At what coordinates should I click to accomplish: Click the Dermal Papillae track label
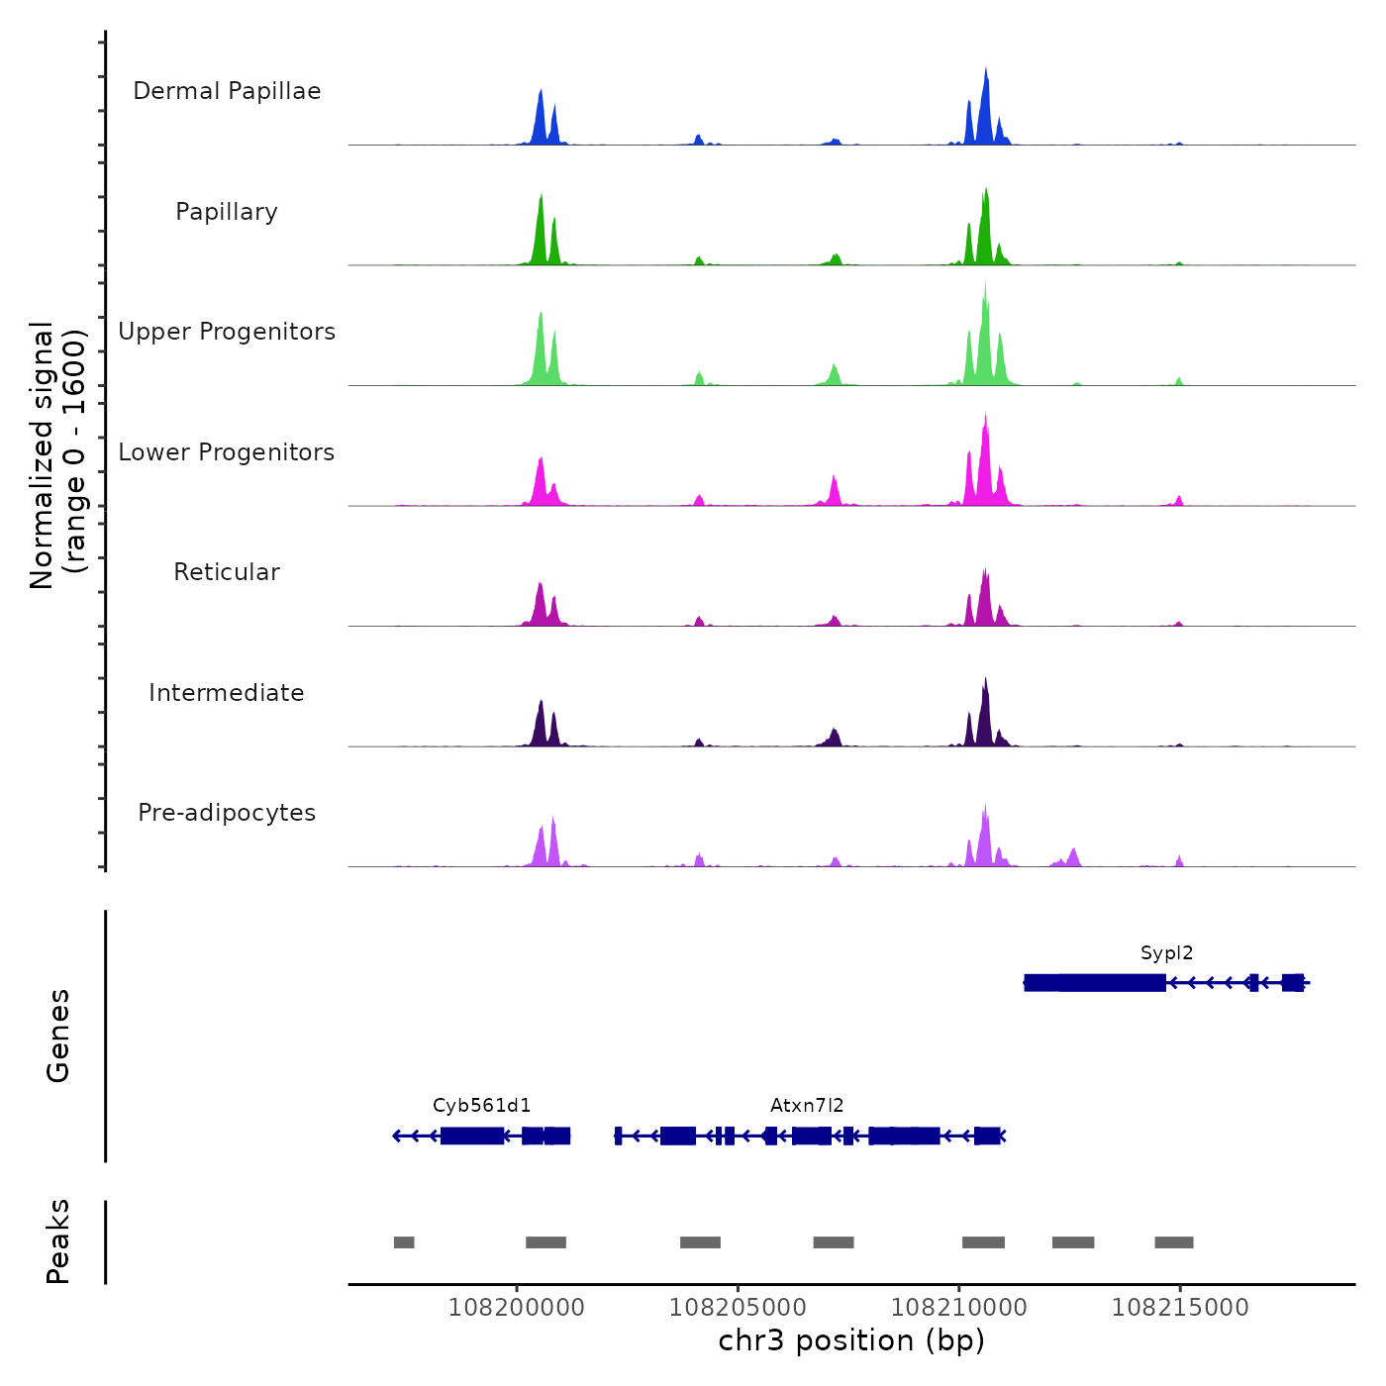227,91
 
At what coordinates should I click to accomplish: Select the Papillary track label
227,212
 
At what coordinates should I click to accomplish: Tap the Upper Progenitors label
227,332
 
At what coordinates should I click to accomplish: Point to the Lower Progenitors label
227,452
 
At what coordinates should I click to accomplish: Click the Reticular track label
227,572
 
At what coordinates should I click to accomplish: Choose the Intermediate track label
227,693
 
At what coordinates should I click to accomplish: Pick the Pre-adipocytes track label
227,813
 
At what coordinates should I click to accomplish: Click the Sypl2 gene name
1166,953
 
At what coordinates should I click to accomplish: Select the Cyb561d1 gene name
482,1106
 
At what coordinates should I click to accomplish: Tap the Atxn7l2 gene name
807,1106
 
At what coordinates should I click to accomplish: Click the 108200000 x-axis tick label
517,1308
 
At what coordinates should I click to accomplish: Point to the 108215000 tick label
1180,1308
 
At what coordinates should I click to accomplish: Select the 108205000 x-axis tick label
738,1308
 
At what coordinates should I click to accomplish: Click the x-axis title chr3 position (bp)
851,1340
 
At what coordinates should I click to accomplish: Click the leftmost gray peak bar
404,1242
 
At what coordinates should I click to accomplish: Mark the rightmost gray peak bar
1174,1242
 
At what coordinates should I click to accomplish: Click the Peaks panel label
58,1241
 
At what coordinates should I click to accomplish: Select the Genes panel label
58,1036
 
